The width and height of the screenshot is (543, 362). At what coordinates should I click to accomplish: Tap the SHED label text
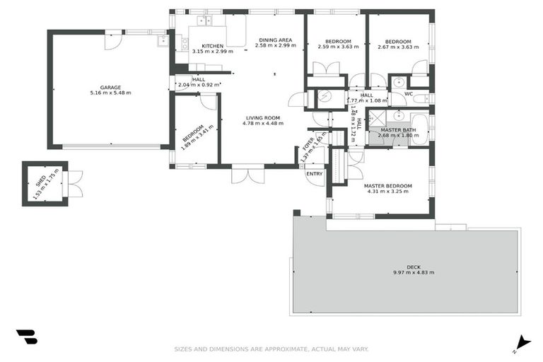(40, 181)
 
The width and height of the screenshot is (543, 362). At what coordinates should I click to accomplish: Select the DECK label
(414, 267)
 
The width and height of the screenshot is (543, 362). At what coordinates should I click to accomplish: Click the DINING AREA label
(275, 40)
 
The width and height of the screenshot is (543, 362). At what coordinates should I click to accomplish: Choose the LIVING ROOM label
(262, 117)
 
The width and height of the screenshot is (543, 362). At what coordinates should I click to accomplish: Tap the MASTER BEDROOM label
(387, 185)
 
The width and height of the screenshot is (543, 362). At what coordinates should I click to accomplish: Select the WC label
(408, 93)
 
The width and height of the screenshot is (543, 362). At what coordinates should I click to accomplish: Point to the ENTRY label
(314, 173)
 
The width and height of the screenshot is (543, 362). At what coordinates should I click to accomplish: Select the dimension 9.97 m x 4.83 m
(414, 272)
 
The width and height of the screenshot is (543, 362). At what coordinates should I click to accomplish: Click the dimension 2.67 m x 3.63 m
(399, 47)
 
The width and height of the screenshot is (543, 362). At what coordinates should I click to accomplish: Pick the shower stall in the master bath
(376, 117)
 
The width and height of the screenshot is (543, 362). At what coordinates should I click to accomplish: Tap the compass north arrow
(522, 341)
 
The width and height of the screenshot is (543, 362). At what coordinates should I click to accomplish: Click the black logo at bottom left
(26, 337)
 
